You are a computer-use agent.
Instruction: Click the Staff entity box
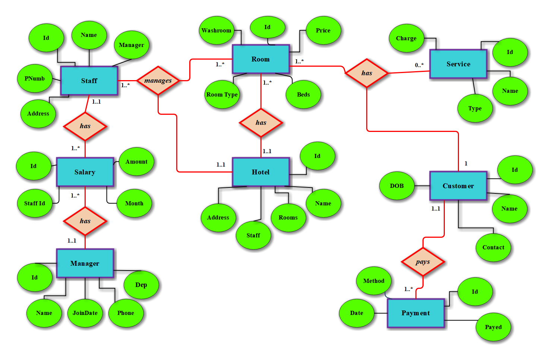[x=89, y=81]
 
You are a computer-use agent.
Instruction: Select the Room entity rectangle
[x=260, y=59]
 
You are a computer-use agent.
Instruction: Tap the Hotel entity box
[x=260, y=172]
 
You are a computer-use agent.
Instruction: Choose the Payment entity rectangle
[x=416, y=313]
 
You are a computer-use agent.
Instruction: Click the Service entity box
[x=458, y=64]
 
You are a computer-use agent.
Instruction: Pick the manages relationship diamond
[x=158, y=80]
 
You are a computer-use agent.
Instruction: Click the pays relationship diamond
[x=423, y=262]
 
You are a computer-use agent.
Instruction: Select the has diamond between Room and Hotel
[x=261, y=123]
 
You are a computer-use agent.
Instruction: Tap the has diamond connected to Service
[x=367, y=73]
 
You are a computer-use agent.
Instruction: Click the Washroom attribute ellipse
[x=216, y=31]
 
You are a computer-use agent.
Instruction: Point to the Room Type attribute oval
[x=222, y=95]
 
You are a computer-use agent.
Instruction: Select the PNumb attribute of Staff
[x=35, y=79]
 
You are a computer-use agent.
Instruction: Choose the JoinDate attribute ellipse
[x=85, y=313]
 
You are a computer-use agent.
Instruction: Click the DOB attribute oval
[x=397, y=186]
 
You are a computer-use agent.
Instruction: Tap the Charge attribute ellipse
[x=406, y=38]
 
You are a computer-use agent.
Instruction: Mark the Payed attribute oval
[x=493, y=327]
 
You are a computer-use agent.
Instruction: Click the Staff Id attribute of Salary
[x=35, y=203]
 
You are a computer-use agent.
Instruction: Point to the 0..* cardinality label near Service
[x=419, y=65]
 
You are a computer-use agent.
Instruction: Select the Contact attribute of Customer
[x=493, y=247]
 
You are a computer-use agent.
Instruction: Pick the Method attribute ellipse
[x=374, y=281]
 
